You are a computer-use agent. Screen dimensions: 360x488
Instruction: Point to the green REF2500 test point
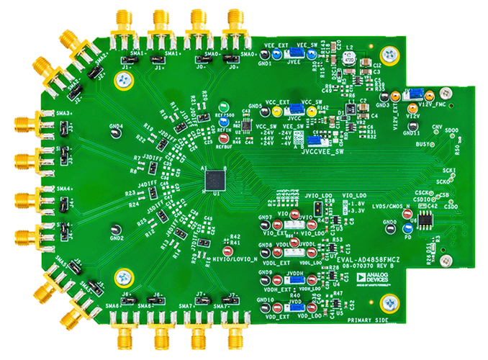click(227, 105)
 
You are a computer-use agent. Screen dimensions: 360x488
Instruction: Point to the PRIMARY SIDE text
click(367, 319)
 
